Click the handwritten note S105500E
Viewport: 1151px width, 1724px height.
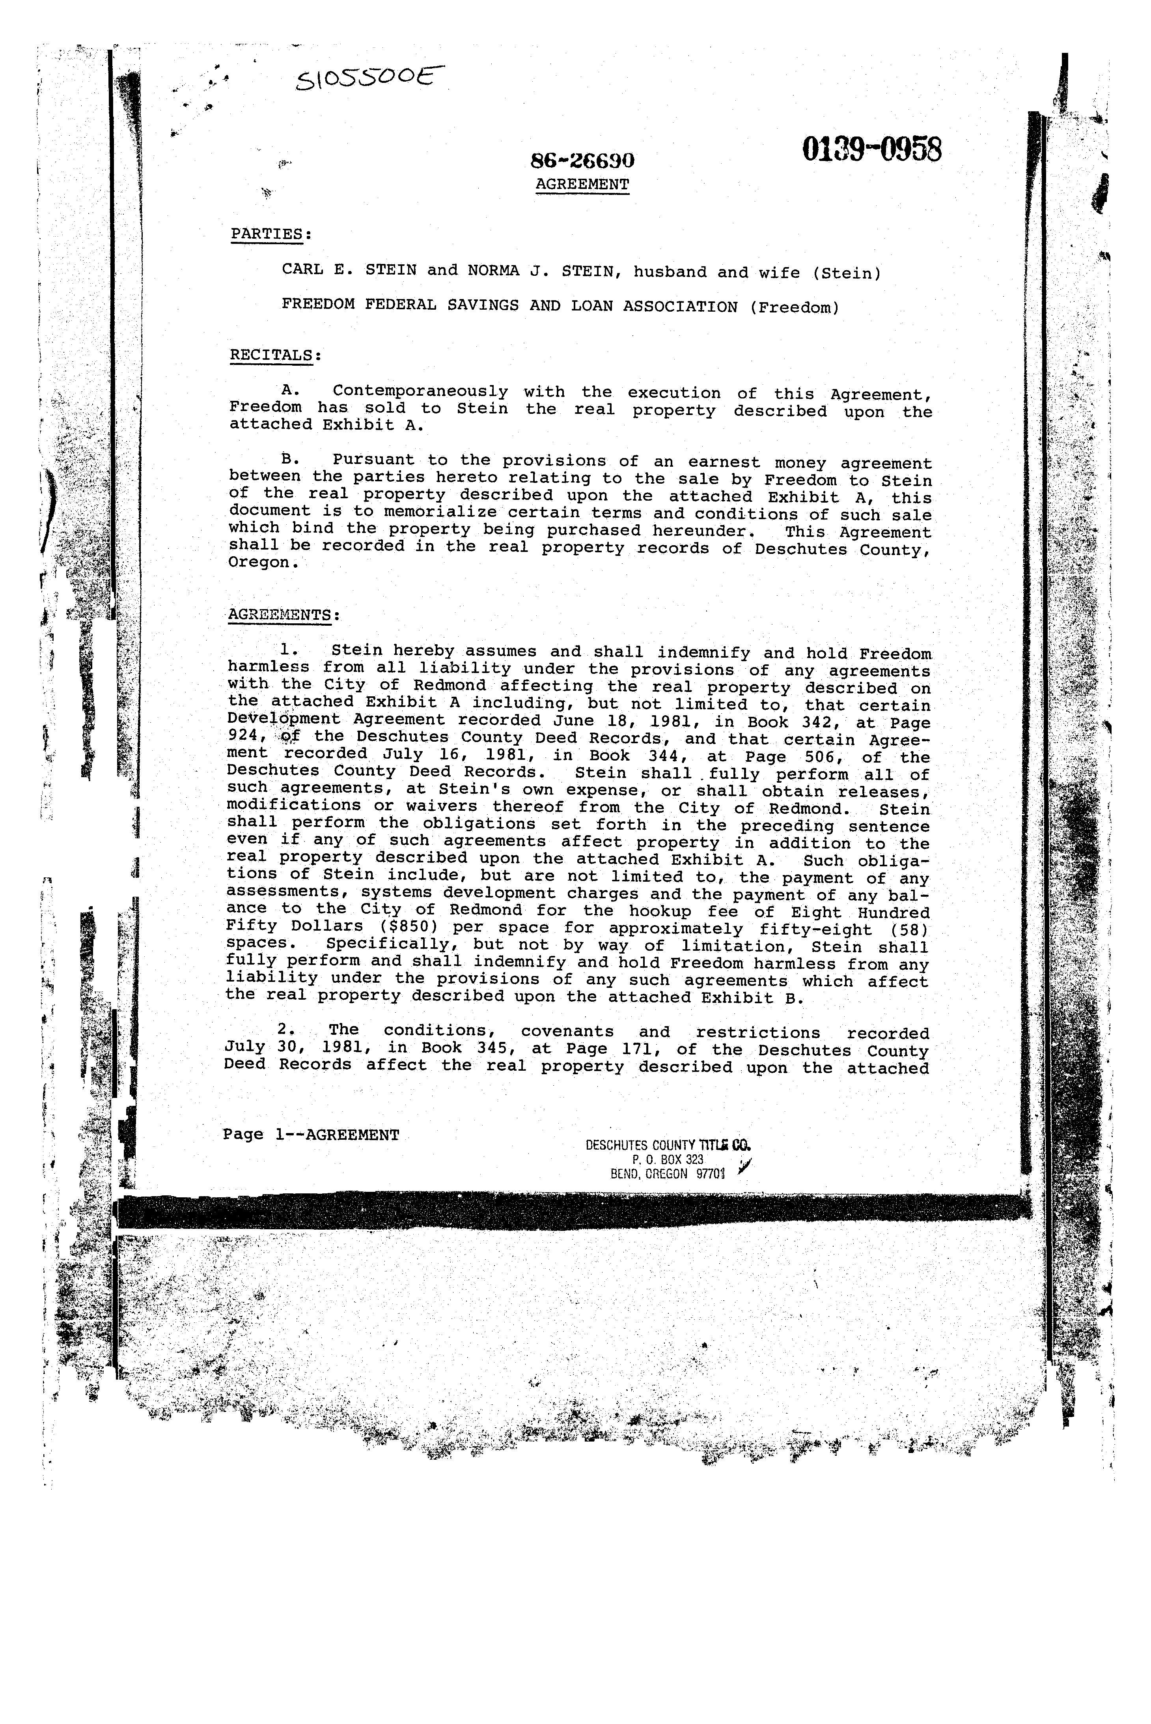pyautogui.click(x=371, y=76)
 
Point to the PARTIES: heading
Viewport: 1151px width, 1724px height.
pyautogui.click(x=271, y=234)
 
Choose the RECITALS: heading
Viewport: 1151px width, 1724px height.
pyautogui.click(x=275, y=355)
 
